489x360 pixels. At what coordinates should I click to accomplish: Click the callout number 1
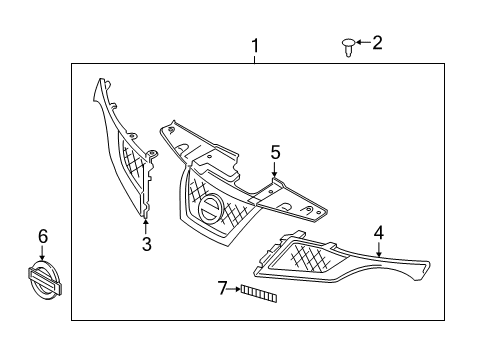(x=255, y=45)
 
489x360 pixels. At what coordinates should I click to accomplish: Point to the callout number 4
(x=379, y=232)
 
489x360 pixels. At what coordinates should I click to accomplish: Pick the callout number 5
(x=275, y=152)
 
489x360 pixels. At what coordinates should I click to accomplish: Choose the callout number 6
(x=42, y=236)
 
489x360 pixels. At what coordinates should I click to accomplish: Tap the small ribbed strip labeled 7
(x=257, y=292)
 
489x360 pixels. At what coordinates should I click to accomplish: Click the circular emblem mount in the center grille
(x=211, y=211)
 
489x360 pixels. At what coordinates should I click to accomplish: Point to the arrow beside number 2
(x=361, y=43)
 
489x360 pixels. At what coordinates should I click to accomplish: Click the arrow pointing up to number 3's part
(x=146, y=224)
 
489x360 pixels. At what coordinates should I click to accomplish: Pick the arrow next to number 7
(x=234, y=290)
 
